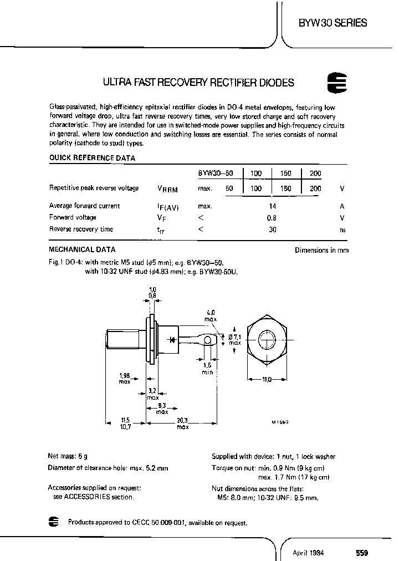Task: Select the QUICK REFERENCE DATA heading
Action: point(92,157)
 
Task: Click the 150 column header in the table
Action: point(286,174)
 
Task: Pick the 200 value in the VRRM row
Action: point(315,189)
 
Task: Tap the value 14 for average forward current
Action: point(272,206)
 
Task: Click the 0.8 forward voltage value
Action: point(272,217)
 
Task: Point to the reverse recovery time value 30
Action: point(272,229)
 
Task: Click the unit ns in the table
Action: point(342,229)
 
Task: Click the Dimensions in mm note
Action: point(321,251)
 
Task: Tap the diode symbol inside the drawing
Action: point(173,338)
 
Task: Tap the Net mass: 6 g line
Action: point(68,457)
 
